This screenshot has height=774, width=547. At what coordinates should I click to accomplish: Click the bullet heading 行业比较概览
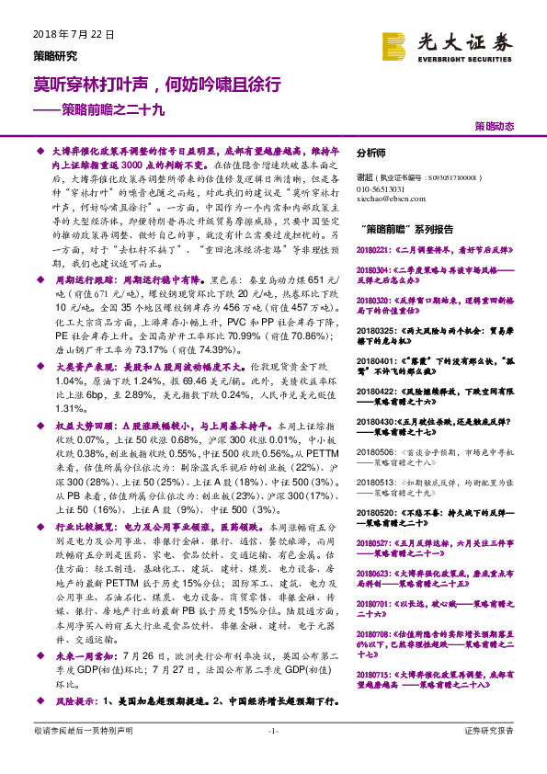click(89, 528)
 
